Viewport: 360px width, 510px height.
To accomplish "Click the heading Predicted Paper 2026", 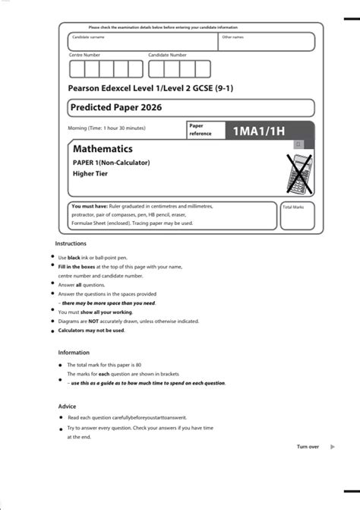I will pos(113,107).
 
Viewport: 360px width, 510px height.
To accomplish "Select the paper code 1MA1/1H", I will pos(259,131).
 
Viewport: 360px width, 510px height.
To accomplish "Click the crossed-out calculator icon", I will pos(297,173).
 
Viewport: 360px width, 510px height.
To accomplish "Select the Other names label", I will pos(232,36).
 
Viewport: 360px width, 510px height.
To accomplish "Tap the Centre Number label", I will pos(84,55).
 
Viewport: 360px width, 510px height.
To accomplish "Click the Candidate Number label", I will pos(167,55).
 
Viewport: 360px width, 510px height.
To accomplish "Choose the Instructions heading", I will pos(71,243).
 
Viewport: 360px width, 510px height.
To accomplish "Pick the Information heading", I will pos(74,353).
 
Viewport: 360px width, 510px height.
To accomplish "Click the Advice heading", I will pos(68,407).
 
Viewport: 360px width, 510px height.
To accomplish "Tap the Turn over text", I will pos(308,447).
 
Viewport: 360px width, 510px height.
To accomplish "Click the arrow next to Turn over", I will pos(333,447).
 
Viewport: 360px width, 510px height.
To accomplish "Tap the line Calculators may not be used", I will pos(92,331).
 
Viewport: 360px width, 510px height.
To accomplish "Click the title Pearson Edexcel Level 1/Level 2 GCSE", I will pos(150,88).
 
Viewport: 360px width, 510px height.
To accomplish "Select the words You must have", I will pos(87,206).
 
